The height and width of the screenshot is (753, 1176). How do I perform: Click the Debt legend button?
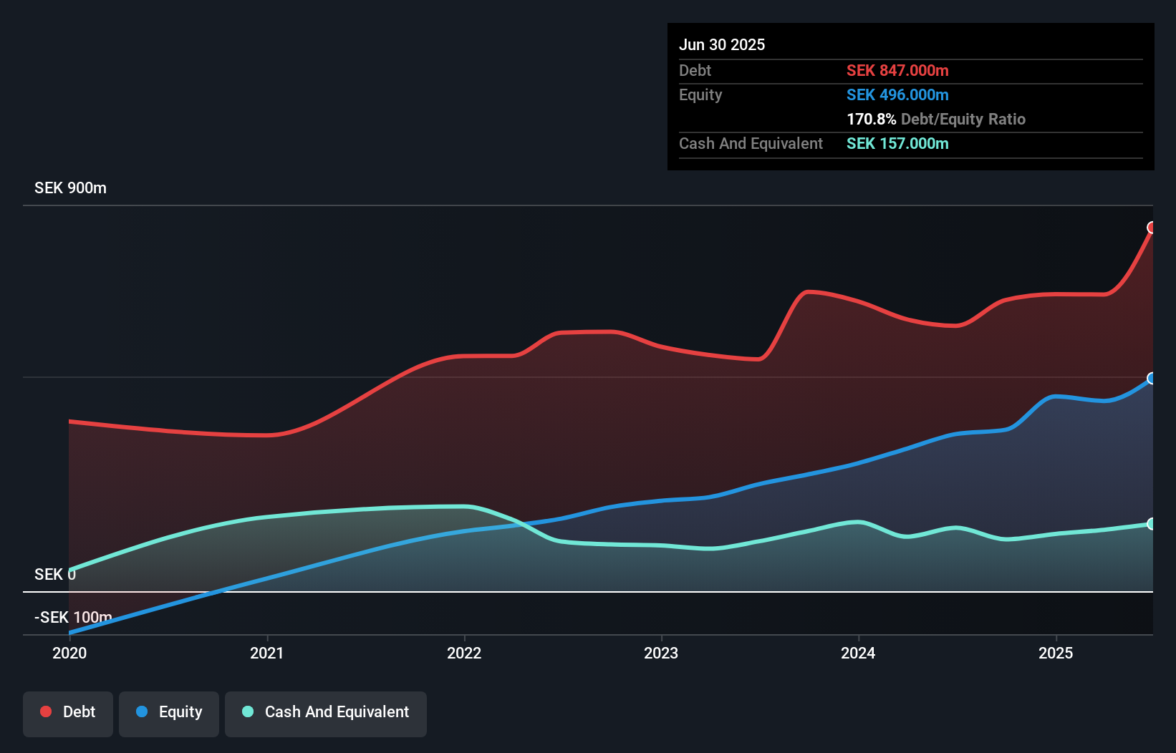pos(68,712)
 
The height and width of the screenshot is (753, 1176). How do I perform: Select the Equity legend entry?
pos(169,712)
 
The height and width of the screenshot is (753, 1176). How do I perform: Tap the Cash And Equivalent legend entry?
pos(326,712)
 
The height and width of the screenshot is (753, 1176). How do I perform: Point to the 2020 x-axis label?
pos(69,653)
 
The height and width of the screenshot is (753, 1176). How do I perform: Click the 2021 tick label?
pos(266,653)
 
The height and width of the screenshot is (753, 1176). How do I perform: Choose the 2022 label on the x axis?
pos(464,653)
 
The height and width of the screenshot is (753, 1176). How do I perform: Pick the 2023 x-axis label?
pos(661,653)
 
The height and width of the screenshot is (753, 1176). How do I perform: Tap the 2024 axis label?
pos(858,653)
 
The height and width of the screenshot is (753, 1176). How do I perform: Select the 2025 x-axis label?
pos(1056,653)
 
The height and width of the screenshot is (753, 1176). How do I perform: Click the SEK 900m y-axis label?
pos(70,188)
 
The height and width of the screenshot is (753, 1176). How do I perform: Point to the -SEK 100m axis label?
pos(73,617)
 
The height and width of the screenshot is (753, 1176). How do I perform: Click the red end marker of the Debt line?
pos(1152,228)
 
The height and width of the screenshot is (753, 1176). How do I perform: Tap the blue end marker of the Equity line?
pos(1152,379)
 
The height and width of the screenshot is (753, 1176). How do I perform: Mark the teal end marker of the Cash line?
pos(1152,524)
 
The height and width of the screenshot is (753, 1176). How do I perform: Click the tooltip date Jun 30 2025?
pos(722,44)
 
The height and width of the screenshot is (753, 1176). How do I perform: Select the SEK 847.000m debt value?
pos(897,70)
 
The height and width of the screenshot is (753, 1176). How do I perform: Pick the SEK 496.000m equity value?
pos(897,94)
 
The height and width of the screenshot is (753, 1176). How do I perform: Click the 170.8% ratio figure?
pos(871,119)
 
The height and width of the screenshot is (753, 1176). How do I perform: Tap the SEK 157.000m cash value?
pos(897,143)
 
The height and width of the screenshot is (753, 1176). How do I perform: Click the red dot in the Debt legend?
pos(46,711)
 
